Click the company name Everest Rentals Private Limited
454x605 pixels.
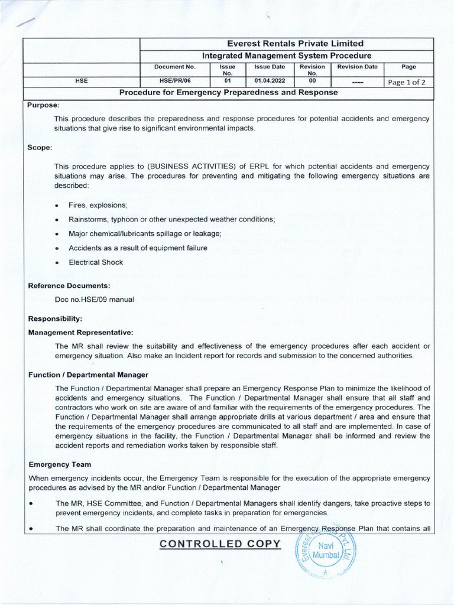pos(287,44)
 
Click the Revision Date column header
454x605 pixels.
pos(357,67)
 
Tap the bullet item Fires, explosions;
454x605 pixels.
pos(99,204)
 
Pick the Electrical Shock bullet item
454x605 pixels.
pos(96,262)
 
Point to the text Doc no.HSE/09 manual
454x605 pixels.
pos(95,299)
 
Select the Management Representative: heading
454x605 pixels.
pos(81,332)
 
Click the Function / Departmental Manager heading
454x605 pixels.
pos(88,375)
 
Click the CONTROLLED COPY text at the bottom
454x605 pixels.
pos(219,544)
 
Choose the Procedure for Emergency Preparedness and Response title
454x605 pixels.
pos(228,93)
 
